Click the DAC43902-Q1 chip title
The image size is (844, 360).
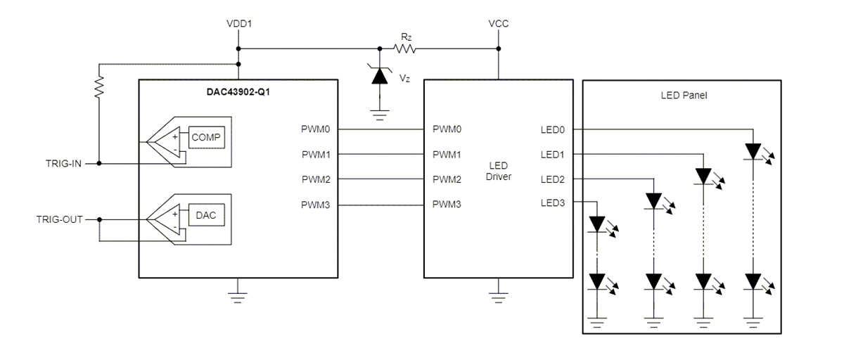[238, 91]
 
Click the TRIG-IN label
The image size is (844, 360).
[63, 164]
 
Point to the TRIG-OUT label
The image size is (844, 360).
[59, 219]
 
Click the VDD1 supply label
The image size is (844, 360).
[239, 24]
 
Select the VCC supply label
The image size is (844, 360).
[498, 24]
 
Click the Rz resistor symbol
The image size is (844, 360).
[406, 49]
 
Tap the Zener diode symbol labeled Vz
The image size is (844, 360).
[380, 76]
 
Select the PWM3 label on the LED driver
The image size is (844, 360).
[447, 205]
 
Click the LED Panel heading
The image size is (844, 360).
[682, 95]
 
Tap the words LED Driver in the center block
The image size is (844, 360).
[498, 171]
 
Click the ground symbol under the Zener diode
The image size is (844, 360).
[380, 115]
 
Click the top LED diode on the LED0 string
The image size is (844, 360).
[754, 151]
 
